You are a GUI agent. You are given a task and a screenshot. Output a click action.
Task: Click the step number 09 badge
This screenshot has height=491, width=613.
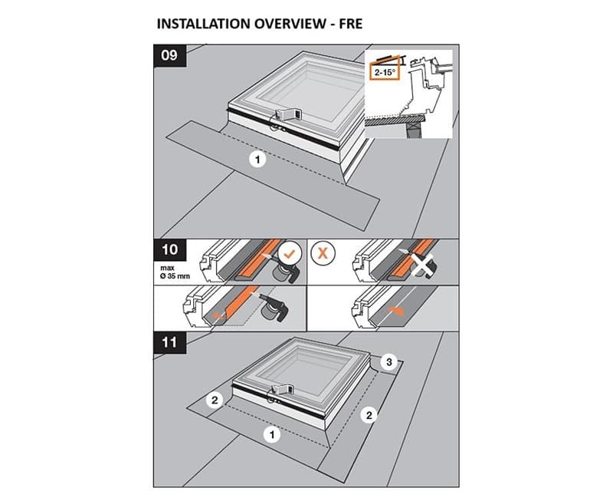point(170,55)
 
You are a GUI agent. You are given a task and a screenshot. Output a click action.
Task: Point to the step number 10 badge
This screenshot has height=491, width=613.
point(169,251)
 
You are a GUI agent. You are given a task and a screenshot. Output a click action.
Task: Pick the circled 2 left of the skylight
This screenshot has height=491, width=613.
point(216,400)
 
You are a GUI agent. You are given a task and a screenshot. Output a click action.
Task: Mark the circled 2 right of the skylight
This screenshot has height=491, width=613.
point(369,415)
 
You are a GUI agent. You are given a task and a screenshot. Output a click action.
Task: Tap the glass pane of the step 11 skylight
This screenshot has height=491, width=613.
point(306,366)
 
